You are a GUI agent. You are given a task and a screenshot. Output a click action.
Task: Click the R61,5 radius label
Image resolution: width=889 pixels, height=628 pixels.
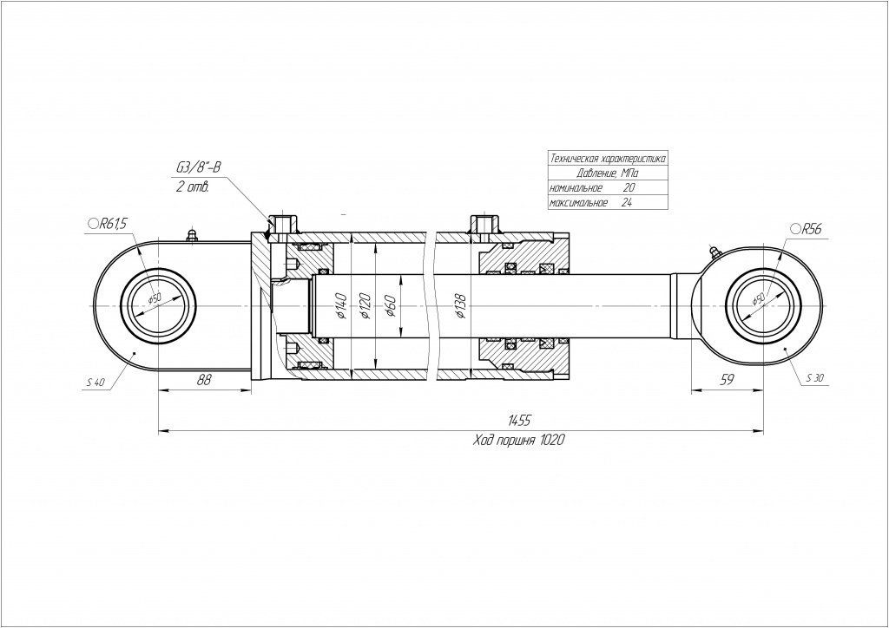[111, 224]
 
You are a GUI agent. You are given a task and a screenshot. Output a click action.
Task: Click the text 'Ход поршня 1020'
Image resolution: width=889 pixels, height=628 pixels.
[519, 440]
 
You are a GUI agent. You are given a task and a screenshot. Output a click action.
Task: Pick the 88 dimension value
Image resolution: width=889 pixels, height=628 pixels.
[204, 380]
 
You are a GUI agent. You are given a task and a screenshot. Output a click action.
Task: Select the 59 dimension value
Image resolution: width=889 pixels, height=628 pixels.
[728, 380]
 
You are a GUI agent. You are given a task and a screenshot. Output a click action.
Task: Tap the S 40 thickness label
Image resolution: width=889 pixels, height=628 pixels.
[95, 383]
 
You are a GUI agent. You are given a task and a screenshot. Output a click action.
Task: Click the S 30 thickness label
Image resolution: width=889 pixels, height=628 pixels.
[814, 378]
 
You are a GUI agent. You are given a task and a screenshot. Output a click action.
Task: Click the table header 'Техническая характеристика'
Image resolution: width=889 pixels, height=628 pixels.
[608, 159]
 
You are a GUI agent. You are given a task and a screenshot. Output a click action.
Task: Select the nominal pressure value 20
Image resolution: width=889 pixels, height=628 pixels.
[629, 187]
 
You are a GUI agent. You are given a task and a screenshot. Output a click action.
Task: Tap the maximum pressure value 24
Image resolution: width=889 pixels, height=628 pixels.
[629, 202]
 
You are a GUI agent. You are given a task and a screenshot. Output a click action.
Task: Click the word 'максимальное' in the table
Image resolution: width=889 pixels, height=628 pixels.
[578, 202]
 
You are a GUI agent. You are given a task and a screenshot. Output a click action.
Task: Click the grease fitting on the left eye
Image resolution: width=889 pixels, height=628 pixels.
[192, 234]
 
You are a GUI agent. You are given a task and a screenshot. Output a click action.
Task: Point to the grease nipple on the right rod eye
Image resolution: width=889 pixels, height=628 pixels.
[713, 252]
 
